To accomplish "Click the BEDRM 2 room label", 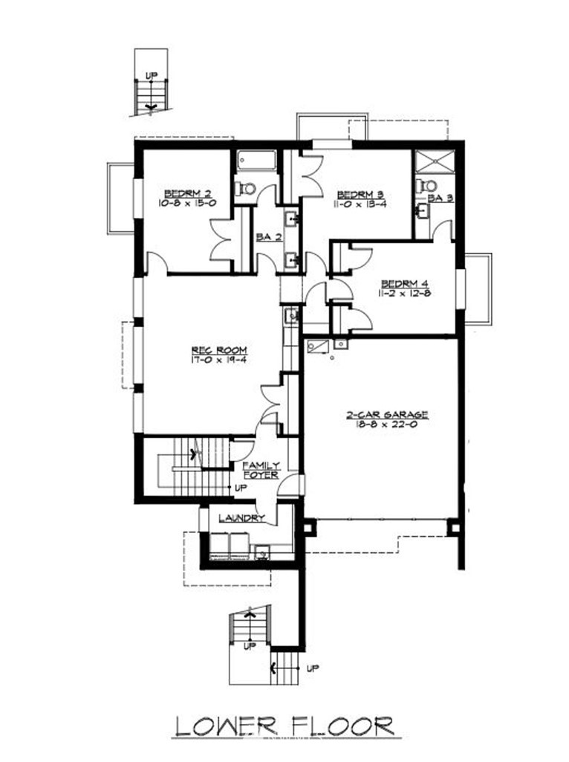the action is pyautogui.click(x=187, y=193).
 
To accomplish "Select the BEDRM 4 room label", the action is pyautogui.click(x=404, y=283).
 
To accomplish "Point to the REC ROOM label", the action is pyautogui.click(x=219, y=350).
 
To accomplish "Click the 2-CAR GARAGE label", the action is pyautogui.click(x=387, y=415).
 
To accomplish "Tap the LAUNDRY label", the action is pyautogui.click(x=241, y=518).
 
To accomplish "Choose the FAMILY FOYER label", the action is pyautogui.click(x=261, y=470).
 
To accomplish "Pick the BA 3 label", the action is pyautogui.click(x=440, y=198).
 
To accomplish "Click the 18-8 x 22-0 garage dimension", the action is pyautogui.click(x=387, y=424).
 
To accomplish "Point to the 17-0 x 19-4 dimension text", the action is pyautogui.click(x=219, y=360).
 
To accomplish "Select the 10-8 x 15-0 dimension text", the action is pyautogui.click(x=187, y=203).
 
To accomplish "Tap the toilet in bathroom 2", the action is pyautogui.click(x=244, y=187).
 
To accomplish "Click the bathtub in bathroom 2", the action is pyautogui.click(x=256, y=161).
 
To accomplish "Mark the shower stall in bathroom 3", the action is pyautogui.click(x=434, y=161).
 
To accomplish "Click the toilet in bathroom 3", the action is pyautogui.click(x=427, y=185).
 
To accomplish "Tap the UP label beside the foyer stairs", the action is pyautogui.click(x=241, y=488).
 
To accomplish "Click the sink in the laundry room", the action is pyautogui.click(x=262, y=552).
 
